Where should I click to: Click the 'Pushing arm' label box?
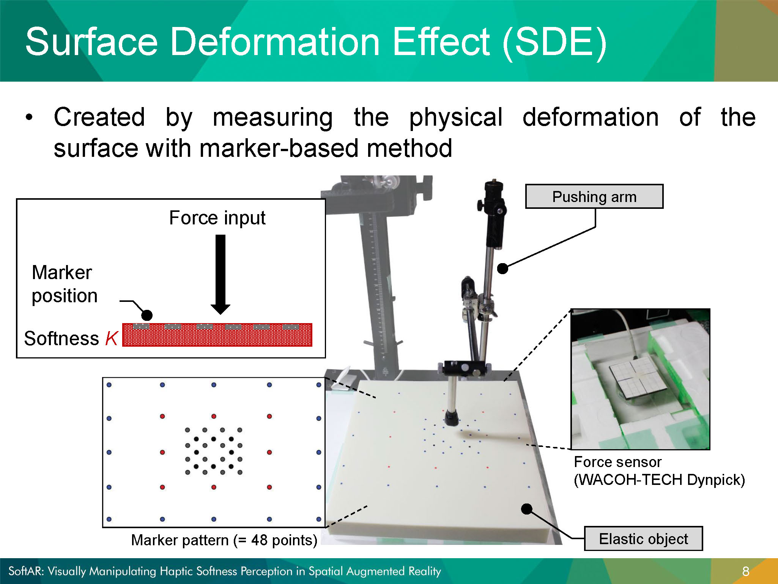[594, 196]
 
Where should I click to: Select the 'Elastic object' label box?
[643, 538]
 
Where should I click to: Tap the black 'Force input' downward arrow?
[220, 275]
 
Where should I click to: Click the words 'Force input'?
[217, 218]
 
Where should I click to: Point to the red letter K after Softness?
[112, 338]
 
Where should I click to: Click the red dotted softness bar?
[217, 335]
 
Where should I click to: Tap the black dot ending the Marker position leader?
[147, 315]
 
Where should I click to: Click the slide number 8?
[746, 571]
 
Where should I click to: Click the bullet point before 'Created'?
[29, 117]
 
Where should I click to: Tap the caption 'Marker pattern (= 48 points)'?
[224, 540]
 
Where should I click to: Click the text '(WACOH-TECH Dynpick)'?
[659, 480]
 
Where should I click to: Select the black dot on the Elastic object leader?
[527, 509]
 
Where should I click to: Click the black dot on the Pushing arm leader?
[503, 268]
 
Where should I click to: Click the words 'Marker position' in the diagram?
[65, 284]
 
